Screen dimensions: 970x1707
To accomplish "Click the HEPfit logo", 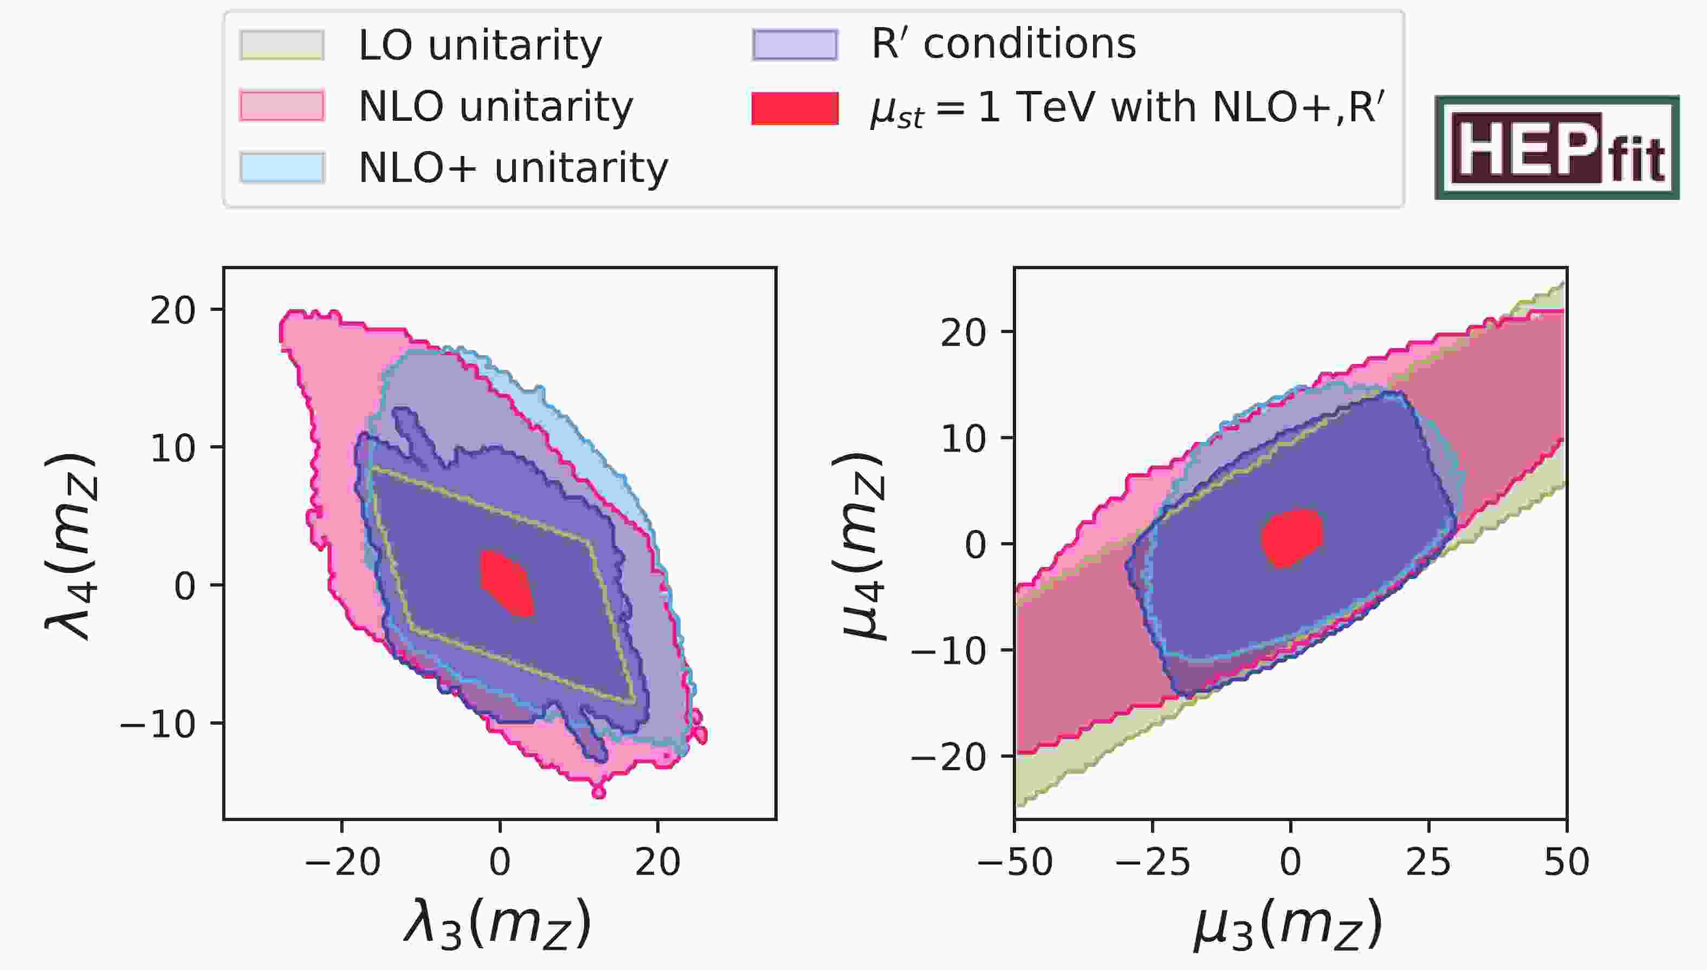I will coord(1556,147).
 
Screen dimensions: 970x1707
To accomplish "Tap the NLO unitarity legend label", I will coord(496,107).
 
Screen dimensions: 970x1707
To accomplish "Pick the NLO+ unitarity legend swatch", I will coord(282,167).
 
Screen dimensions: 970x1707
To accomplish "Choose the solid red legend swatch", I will coord(794,108).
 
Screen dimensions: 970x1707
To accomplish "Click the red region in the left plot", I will coord(507,582).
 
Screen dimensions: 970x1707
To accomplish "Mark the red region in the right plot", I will coord(1291,537).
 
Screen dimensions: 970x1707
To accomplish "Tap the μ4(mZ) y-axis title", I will coord(861,546).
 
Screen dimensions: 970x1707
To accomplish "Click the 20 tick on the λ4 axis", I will coord(173,310).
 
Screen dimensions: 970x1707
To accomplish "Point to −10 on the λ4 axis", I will coord(158,724).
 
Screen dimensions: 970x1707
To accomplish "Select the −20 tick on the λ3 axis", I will coord(342,862).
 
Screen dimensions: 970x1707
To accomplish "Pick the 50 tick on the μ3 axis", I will coord(1566,862).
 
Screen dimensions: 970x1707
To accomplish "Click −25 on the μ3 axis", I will coord(1153,862).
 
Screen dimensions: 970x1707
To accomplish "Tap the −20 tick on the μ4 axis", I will coord(948,757).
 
